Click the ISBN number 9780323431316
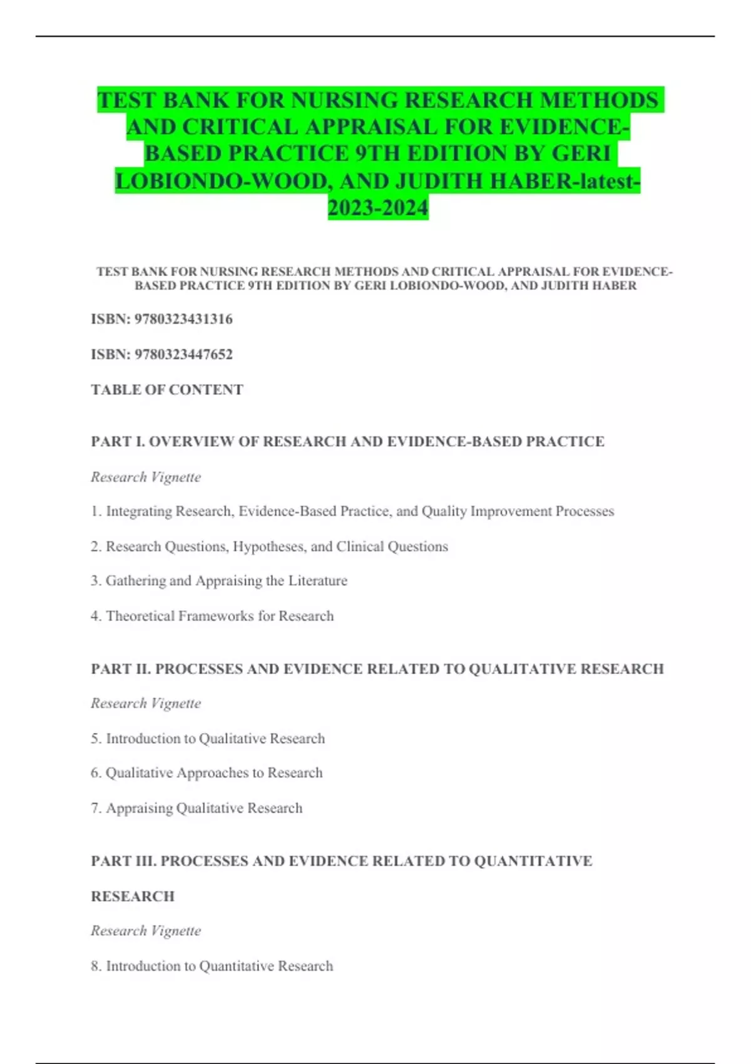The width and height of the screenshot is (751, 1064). click(183, 319)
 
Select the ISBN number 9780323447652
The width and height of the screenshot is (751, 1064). click(183, 354)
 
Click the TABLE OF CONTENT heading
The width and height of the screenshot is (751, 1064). click(167, 390)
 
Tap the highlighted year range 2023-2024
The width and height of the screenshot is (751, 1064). click(378, 208)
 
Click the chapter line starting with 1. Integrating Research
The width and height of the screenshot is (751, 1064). click(352, 511)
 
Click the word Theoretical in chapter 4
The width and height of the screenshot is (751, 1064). click(140, 616)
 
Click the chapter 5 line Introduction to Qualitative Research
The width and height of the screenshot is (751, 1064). click(208, 739)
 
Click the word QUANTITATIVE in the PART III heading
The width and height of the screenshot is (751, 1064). click(533, 861)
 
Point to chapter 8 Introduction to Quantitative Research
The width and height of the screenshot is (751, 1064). click(212, 966)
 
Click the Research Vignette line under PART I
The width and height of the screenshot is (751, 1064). click(146, 477)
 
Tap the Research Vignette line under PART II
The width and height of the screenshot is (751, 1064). click(146, 703)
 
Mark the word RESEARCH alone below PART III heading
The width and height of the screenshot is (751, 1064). click(133, 896)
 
